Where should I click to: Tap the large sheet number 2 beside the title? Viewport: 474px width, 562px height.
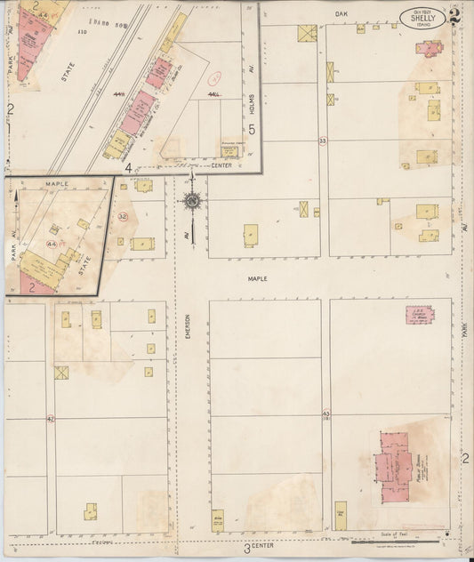pyautogui.click(x=454, y=14)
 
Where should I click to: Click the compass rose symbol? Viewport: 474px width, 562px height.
pyautogui.click(x=191, y=201)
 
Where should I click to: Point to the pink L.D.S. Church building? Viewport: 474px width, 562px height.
pyautogui.click(x=419, y=314)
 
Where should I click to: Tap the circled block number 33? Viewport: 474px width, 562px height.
pyautogui.click(x=323, y=140)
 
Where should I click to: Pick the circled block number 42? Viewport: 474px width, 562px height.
pyautogui.click(x=51, y=418)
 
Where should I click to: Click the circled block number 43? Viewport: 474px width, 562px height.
pyautogui.click(x=326, y=413)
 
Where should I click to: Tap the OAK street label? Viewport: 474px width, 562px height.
pyautogui.click(x=340, y=14)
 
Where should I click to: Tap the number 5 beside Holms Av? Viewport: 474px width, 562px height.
pyautogui.click(x=252, y=130)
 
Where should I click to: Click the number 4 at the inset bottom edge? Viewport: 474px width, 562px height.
pyautogui.click(x=128, y=167)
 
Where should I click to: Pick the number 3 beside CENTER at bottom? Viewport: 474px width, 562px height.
pyautogui.click(x=245, y=548)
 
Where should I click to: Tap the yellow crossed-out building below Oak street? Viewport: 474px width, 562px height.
pyautogui.click(x=306, y=34)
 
